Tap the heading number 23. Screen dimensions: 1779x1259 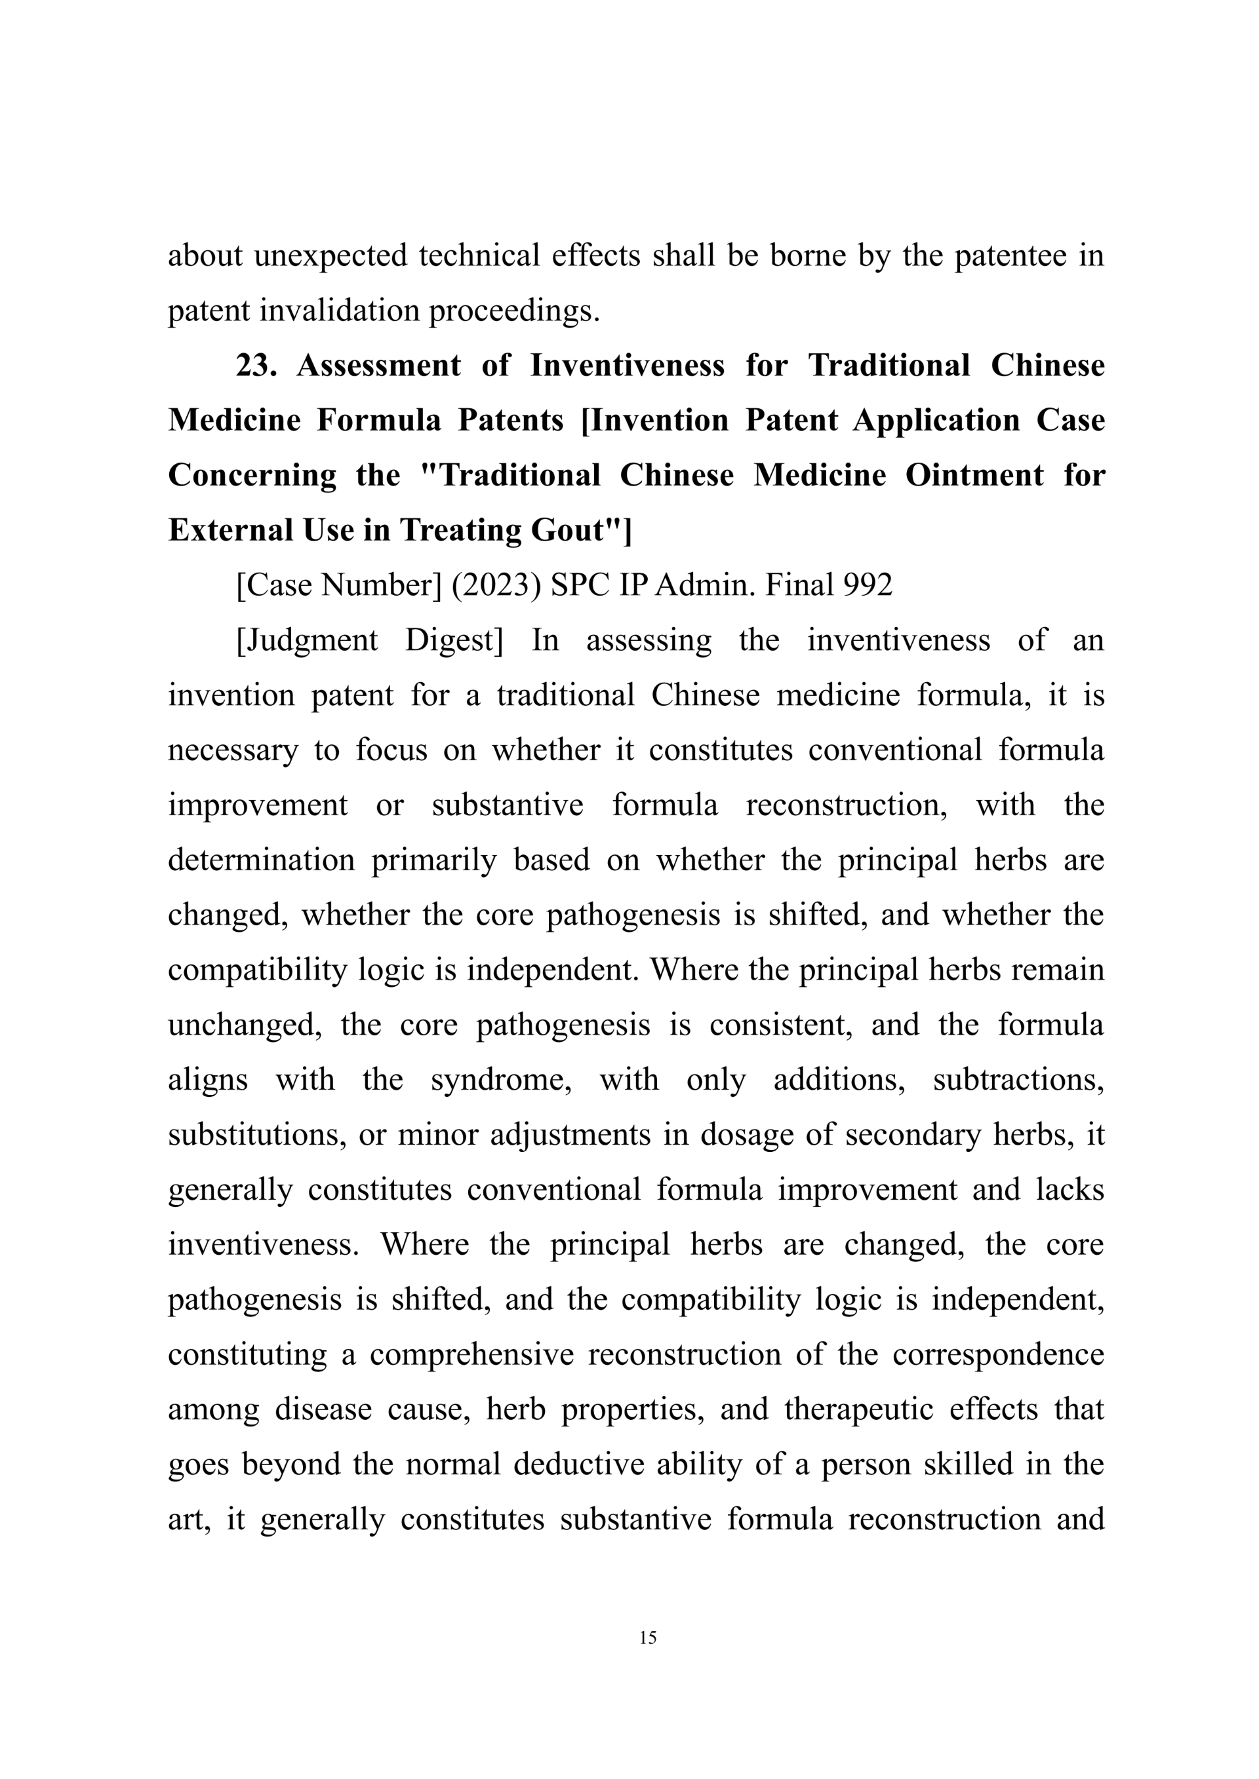[256, 365]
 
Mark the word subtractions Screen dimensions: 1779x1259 [1018, 1079]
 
